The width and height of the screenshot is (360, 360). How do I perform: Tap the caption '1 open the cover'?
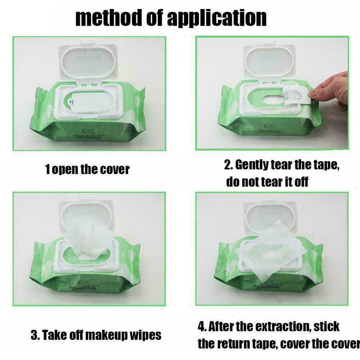87,169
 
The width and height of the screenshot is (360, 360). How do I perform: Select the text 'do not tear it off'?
267,182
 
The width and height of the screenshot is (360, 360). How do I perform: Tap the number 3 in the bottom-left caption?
34,335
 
